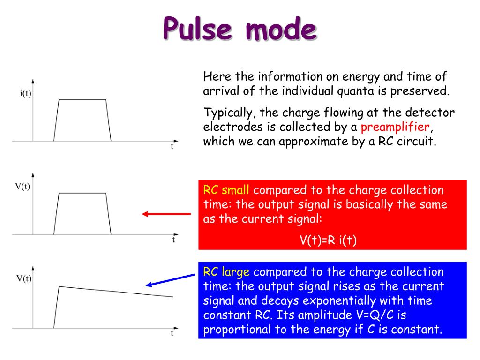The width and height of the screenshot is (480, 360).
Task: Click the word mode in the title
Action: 280,29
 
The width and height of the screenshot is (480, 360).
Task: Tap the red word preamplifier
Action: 395,127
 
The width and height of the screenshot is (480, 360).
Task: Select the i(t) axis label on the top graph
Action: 25,93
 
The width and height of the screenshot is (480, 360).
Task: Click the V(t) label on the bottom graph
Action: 24,278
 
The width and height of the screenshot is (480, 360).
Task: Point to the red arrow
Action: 166,214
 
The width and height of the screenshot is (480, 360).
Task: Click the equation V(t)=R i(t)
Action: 328,240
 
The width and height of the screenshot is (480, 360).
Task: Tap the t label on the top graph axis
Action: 172,146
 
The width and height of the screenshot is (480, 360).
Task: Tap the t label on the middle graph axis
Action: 173,240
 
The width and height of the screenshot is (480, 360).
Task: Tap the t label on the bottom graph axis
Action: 172,334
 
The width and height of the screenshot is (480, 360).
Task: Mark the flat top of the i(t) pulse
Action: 82,99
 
